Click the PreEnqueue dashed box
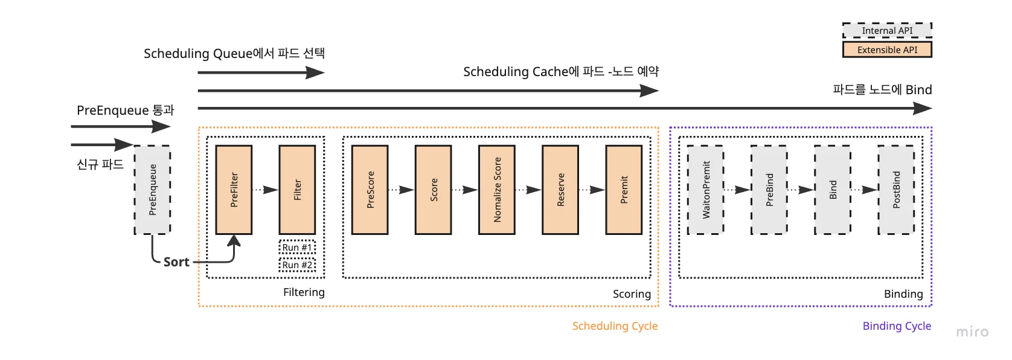click(152, 190)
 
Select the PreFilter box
click(234, 190)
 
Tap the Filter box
click(297, 190)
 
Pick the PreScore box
click(370, 190)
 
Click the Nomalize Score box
click(497, 190)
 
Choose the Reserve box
click(560, 190)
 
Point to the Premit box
click(624, 190)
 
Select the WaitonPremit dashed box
click(706, 190)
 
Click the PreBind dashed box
click(769, 190)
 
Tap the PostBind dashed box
click(896, 190)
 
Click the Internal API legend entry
click(887, 30)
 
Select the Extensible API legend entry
click(887, 50)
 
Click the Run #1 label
click(297, 248)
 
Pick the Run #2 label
click(297, 265)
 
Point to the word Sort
click(176, 262)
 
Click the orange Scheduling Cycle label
click(615, 326)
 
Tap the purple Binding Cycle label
click(897, 326)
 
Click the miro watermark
click(972, 332)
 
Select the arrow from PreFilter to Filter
click(265, 190)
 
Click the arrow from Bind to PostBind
click(864, 190)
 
